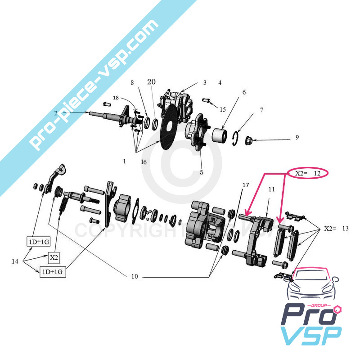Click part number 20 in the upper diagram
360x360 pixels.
pyautogui.click(x=151, y=82)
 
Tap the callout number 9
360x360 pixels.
pyautogui.click(x=297, y=137)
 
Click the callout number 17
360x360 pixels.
pyautogui.click(x=245, y=185)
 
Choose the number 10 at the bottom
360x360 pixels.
pyautogui.click(x=135, y=276)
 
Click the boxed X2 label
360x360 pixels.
pyautogui.click(x=54, y=258)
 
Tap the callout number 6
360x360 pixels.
pyautogui.click(x=244, y=92)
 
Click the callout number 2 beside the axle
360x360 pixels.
pyautogui.click(x=56, y=112)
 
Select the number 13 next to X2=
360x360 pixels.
pyautogui.click(x=345, y=229)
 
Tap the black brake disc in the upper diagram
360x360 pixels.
pyautogui.click(x=167, y=128)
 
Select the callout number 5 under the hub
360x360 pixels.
pyautogui.click(x=202, y=172)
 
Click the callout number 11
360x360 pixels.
pyautogui.click(x=271, y=189)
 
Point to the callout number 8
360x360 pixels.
pyautogui.click(x=132, y=83)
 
